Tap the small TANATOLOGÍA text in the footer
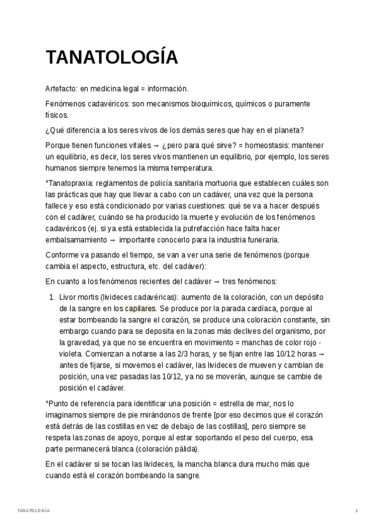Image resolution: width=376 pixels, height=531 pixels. (34, 511)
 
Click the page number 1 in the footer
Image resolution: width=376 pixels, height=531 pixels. (357, 511)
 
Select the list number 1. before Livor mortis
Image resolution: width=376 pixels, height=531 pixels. (52, 297)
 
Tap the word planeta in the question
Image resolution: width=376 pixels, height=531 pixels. (287, 130)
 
